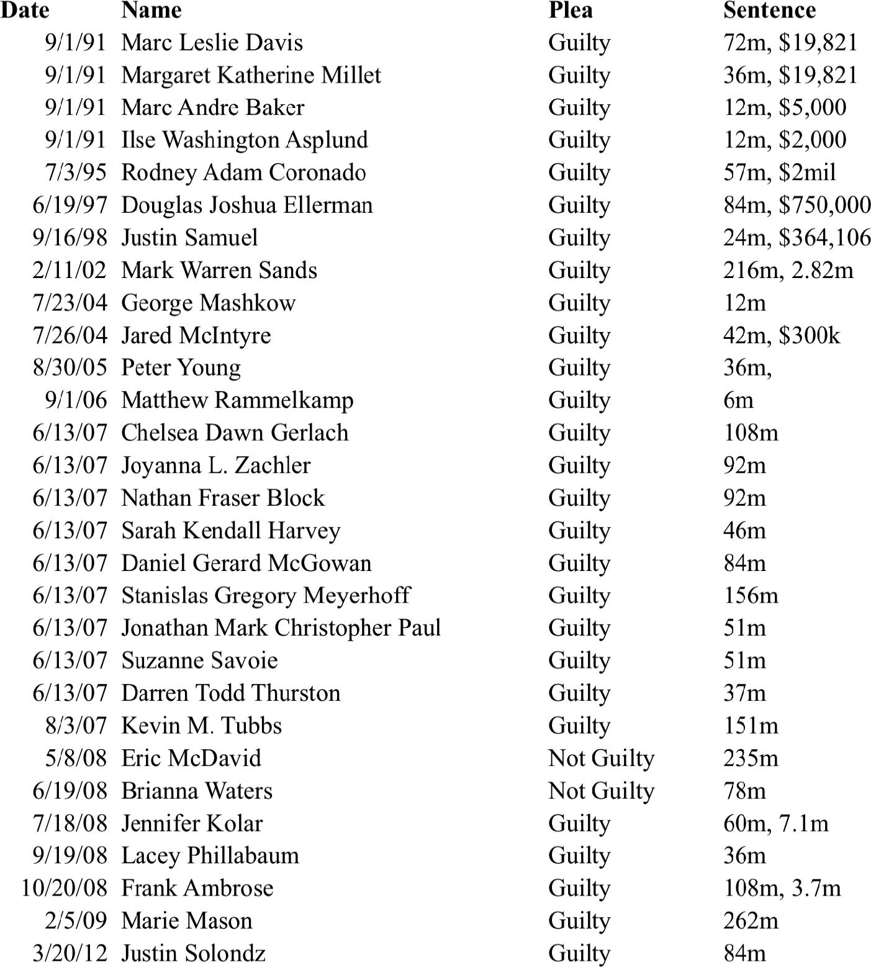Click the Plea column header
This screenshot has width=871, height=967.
(x=571, y=10)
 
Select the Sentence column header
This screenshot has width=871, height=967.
(x=769, y=10)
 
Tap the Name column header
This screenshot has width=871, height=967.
(x=151, y=10)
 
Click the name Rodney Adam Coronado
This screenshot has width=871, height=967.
(x=243, y=173)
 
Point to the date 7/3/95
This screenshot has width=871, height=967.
(x=76, y=173)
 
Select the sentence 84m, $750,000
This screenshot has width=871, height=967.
(x=797, y=205)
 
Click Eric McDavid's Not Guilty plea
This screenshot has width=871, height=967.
(x=601, y=758)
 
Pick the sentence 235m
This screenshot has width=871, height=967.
(x=751, y=758)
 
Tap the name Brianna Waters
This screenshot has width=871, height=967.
(x=197, y=791)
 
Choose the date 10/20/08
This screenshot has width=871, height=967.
(x=64, y=888)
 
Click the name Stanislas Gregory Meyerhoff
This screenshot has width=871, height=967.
(x=266, y=595)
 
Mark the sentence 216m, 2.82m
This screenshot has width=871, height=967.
(x=788, y=270)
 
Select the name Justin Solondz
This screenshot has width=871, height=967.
(x=193, y=953)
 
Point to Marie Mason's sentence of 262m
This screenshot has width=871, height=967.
(x=751, y=921)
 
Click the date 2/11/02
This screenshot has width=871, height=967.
(x=70, y=270)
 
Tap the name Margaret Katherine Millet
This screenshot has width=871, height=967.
(x=251, y=75)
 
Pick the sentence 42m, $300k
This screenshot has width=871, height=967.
(x=782, y=335)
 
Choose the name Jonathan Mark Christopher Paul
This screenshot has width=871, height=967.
(x=281, y=628)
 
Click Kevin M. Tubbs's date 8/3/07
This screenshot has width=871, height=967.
(x=76, y=726)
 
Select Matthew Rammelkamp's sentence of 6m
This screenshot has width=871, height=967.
(x=738, y=400)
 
